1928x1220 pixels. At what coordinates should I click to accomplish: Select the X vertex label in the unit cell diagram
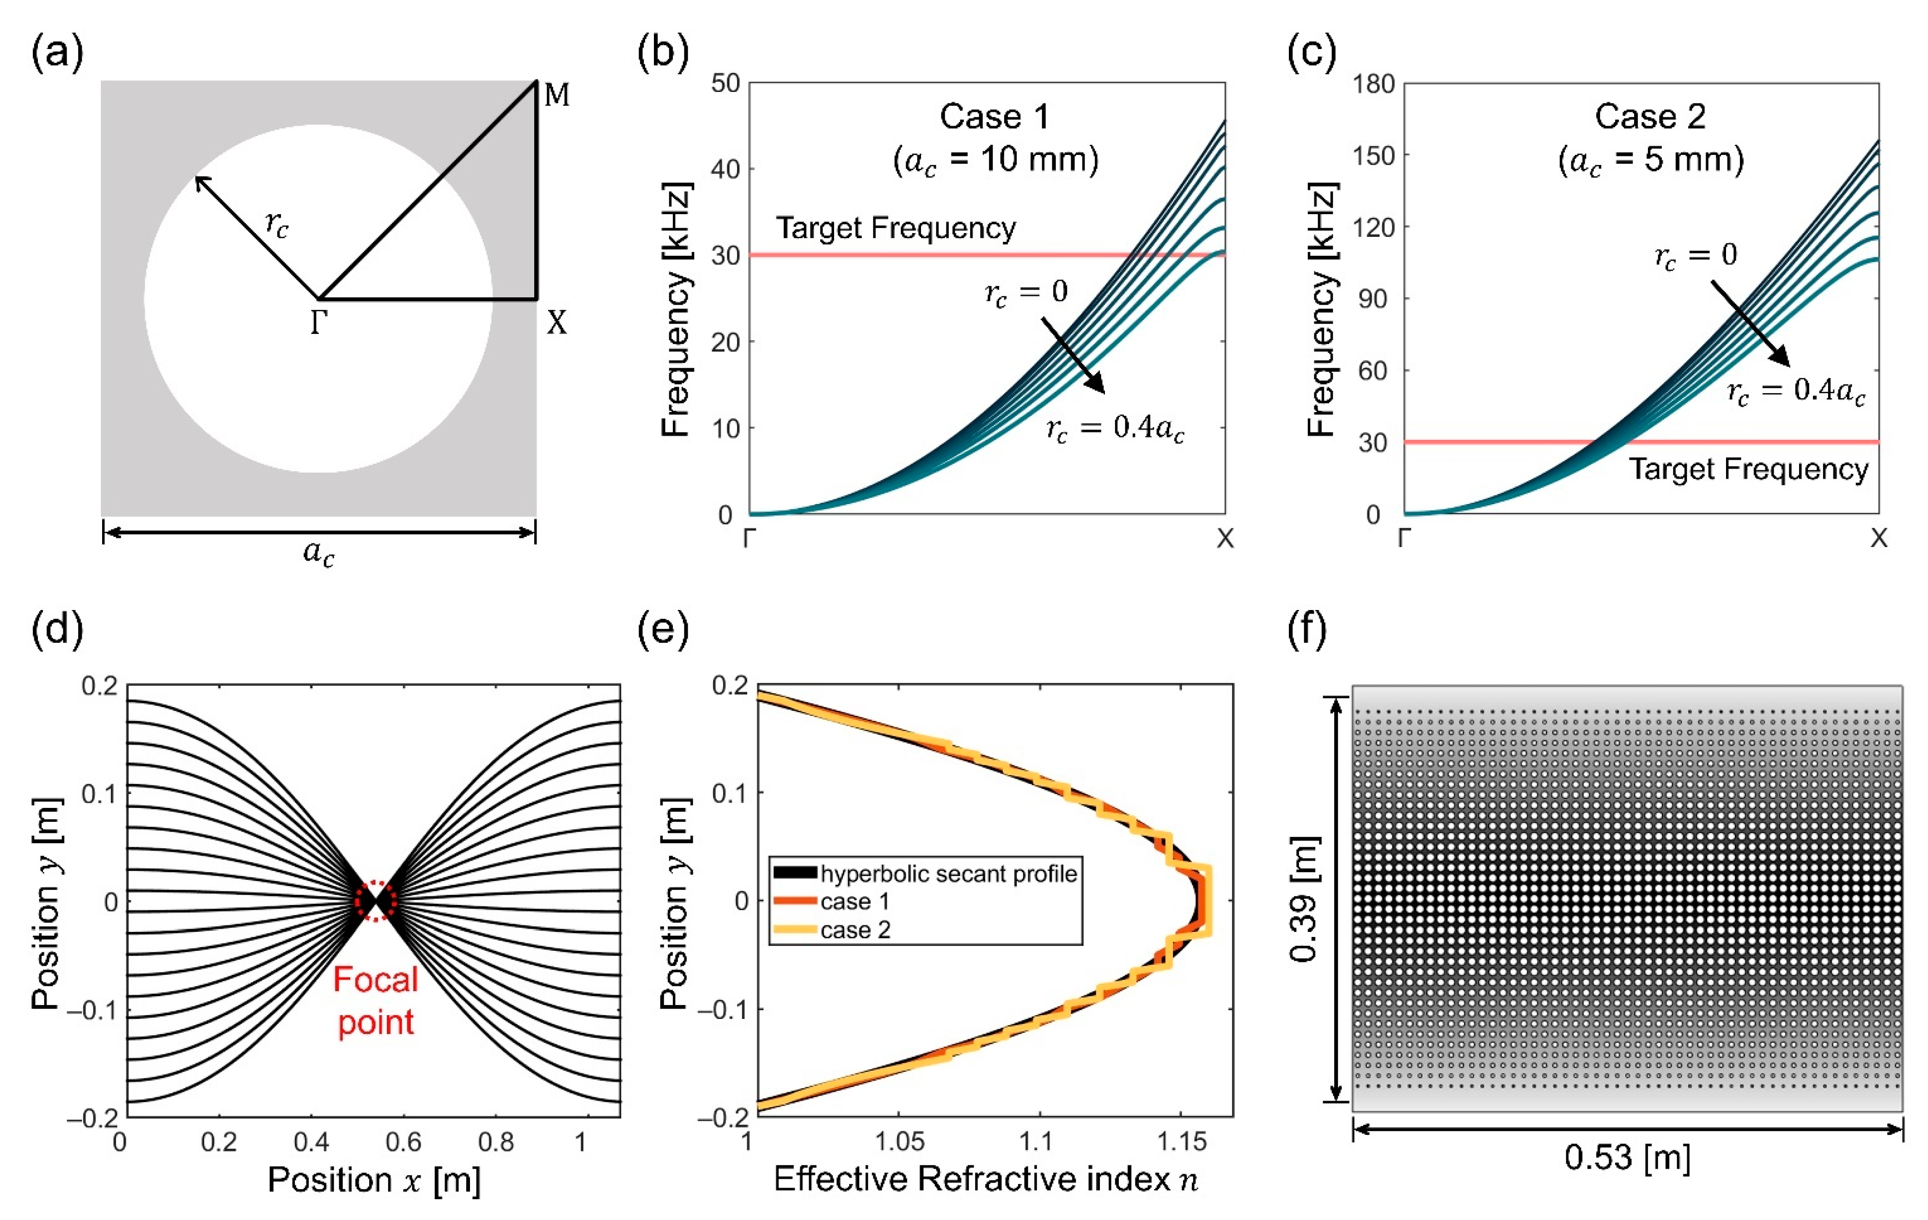pyautogui.click(x=556, y=323)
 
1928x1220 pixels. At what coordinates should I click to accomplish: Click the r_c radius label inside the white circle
pyautogui.click(x=277, y=224)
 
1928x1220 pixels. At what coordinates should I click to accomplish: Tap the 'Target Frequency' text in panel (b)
pyautogui.click(x=895, y=228)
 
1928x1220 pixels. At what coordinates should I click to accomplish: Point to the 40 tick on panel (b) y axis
pyautogui.click(x=726, y=169)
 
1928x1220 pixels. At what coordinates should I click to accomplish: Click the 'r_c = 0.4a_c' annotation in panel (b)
pyautogui.click(x=1115, y=429)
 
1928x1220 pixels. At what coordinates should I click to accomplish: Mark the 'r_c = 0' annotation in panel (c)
pyautogui.click(x=1695, y=256)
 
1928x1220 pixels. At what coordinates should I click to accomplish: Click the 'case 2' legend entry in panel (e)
pyautogui.click(x=855, y=930)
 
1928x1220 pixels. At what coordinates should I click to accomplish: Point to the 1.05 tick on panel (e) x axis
pyautogui.click(x=899, y=1141)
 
